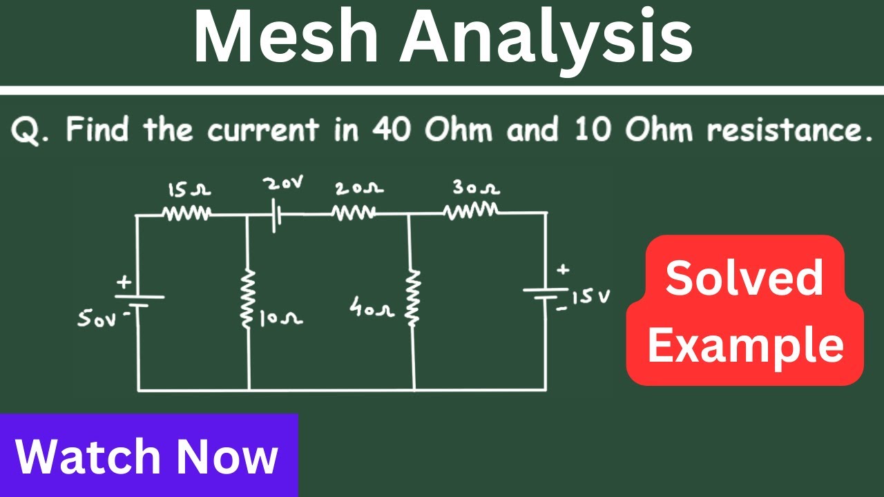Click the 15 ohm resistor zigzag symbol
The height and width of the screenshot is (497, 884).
pyautogui.click(x=186, y=214)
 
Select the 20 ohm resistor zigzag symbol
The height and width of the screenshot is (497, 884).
pyautogui.click(x=354, y=213)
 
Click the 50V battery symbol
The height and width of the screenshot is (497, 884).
pyautogui.click(x=140, y=301)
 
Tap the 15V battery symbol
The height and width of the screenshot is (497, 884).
pyautogui.click(x=546, y=293)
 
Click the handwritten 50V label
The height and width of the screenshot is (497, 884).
pyautogui.click(x=97, y=319)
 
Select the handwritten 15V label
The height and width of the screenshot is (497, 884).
pyautogui.click(x=590, y=297)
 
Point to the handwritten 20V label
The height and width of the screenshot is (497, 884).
pyautogui.click(x=284, y=184)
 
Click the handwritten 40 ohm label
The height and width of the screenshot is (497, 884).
pyautogui.click(x=372, y=307)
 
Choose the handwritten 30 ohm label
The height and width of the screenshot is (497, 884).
pyautogui.click(x=476, y=188)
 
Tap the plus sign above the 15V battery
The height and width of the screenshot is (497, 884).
pyautogui.click(x=563, y=270)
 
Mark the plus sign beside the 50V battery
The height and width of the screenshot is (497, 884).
pyautogui.click(x=124, y=282)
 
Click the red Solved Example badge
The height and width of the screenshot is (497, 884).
pyautogui.click(x=744, y=310)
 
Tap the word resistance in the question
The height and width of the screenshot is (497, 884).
pyautogui.click(x=789, y=130)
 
